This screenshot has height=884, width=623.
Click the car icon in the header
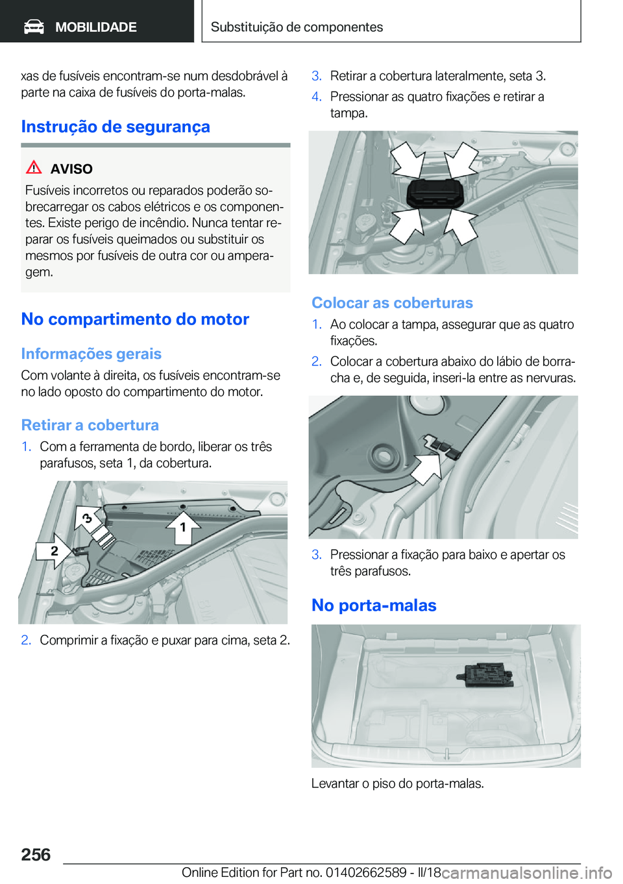[34, 27]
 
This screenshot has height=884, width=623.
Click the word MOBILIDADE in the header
[95, 27]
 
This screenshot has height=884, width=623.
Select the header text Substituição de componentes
[297, 27]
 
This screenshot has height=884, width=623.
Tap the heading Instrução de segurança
[116, 127]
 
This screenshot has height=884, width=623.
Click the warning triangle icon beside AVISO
[34, 167]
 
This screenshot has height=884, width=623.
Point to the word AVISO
[71, 169]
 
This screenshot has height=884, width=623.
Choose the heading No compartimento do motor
[135, 319]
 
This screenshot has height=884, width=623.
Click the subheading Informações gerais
[91, 354]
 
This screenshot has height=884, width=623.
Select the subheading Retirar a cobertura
[90, 425]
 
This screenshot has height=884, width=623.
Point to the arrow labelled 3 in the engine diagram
[88, 519]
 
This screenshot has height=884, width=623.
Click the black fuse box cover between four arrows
[435, 193]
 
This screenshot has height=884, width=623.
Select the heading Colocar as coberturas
[392, 303]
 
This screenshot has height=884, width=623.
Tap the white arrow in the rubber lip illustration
[426, 467]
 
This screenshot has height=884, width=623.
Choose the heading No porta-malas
[374, 606]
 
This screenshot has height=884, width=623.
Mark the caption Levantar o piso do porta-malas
[397, 783]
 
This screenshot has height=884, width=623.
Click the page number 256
[36, 855]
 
